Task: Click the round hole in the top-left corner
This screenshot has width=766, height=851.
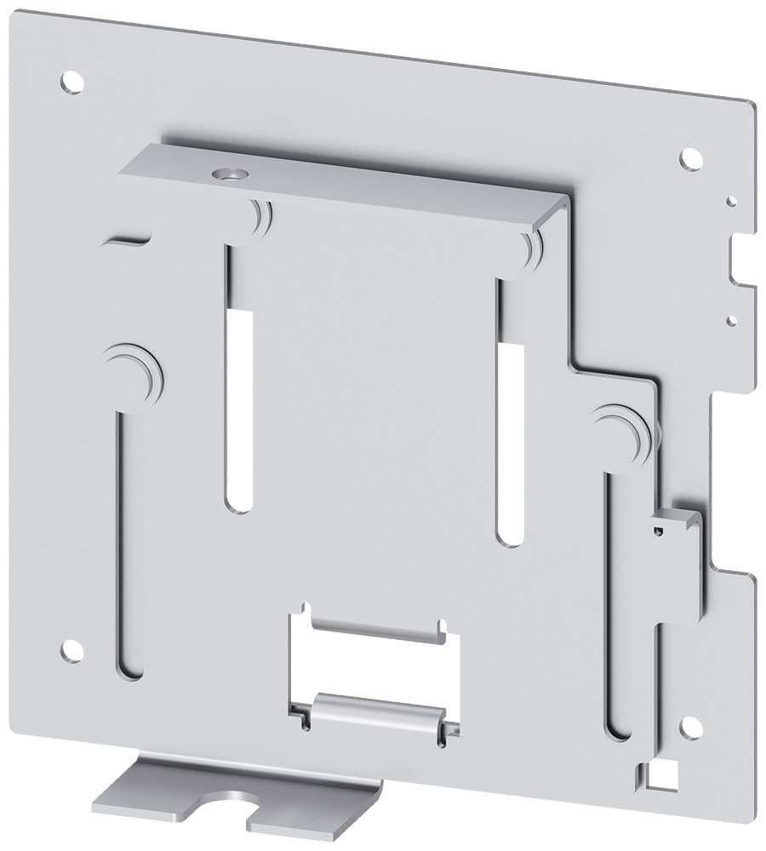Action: coord(72,83)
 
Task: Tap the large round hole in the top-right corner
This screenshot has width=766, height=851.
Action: coord(690,158)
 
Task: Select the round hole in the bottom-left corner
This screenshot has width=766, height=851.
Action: coord(72,651)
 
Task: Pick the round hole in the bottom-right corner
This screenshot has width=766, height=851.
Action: coord(690,728)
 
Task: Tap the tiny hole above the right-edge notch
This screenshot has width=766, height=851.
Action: coord(730,202)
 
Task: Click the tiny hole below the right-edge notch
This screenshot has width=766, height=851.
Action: coord(730,321)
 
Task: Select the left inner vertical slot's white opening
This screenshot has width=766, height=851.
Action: coord(241,408)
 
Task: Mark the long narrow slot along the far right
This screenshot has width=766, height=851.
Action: coord(617,604)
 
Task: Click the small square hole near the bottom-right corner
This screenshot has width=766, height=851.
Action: coord(660,775)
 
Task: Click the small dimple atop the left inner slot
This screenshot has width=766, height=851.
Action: coord(258,217)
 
